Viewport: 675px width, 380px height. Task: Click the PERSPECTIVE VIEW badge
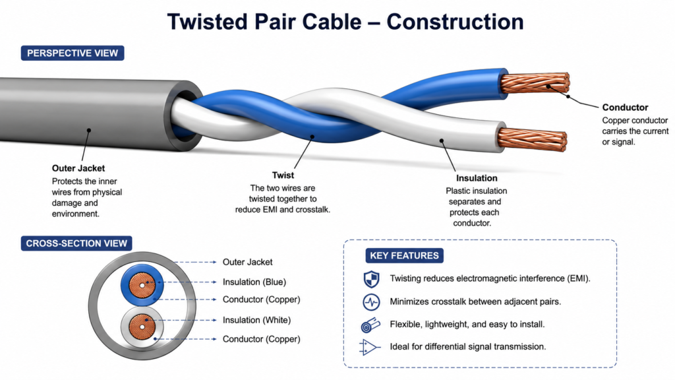(73, 53)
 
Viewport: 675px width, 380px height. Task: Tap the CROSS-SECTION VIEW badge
(76, 243)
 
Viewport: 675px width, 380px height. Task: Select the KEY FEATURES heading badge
(404, 255)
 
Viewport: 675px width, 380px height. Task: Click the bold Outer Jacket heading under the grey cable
(78, 168)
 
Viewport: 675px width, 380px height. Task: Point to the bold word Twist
(283, 175)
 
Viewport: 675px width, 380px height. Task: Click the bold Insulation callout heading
(477, 178)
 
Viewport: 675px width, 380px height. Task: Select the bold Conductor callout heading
(625, 108)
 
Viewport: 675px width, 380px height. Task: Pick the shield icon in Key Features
(371, 279)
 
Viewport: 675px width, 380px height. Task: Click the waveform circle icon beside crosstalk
(371, 302)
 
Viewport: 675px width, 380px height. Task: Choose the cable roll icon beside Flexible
(370, 325)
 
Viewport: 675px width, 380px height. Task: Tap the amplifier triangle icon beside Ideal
(369, 347)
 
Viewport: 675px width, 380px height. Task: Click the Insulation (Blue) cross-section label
(254, 282)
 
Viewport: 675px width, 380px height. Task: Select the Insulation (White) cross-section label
(256, 320)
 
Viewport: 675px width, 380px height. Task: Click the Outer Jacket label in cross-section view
(248, 262)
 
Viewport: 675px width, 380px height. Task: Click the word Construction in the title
(455, 22)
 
